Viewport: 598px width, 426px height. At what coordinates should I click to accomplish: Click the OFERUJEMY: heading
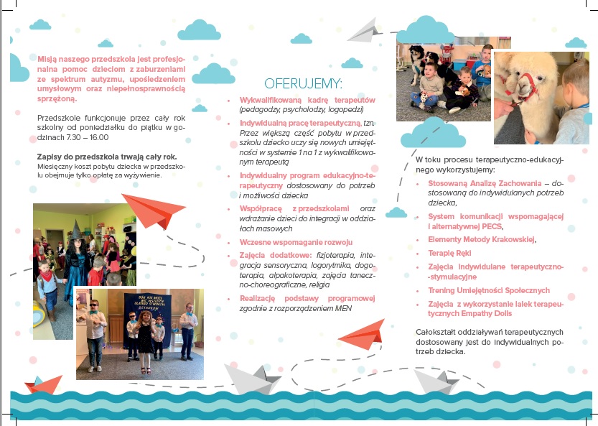(303, 83)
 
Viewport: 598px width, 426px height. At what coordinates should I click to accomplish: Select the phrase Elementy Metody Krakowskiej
(482, 239)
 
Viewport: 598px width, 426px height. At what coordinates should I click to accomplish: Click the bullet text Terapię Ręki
(449, 253)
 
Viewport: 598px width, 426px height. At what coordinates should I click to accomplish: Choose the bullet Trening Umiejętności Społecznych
(488, 290)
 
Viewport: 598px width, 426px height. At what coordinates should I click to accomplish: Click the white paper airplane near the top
(366, 29)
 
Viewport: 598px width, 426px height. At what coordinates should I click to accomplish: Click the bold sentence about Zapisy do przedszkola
(106, 156)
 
